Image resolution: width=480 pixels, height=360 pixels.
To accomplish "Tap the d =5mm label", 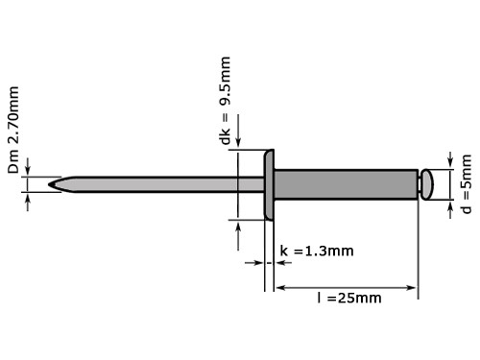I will click(467, 181).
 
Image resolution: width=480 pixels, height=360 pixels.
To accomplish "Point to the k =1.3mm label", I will click(317, 252).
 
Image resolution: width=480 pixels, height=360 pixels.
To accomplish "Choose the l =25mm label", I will click(348, 298).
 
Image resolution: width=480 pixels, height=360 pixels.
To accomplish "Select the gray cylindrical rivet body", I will click(346, 182).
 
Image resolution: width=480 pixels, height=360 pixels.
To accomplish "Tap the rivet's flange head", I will click(270, 182).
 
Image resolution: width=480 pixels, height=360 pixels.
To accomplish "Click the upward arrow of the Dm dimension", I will click(29, 198).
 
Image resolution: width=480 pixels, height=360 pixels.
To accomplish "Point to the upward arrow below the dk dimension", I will click(236, 228).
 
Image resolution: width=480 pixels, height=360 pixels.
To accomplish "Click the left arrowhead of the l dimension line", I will click(281, 286).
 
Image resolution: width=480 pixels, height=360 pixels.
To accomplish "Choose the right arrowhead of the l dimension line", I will click(413, 286).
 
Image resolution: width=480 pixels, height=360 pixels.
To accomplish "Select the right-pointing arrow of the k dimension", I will click(255, 261).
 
